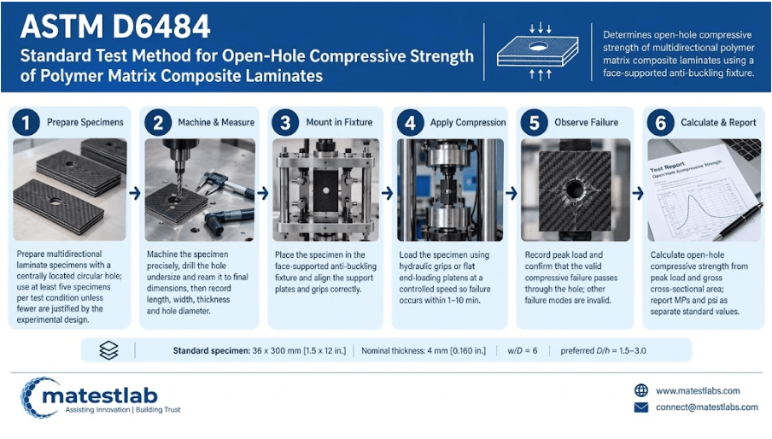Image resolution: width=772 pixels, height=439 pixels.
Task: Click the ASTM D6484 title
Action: (x=115, y=26)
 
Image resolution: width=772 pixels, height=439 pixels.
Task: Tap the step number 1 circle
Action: (x=26, y=122)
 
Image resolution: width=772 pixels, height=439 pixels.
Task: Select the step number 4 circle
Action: (x=410, y=122)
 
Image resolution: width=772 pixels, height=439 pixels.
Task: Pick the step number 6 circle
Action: (x=661, y=122)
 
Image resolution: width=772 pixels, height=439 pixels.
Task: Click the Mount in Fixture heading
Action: (x=339, y=122)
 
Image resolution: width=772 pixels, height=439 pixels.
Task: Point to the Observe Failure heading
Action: (x=586, y=122)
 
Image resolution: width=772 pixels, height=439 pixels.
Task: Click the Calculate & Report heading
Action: (x=718, y=122)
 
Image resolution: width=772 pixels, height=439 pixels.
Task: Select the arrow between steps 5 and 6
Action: (x=638, y=193)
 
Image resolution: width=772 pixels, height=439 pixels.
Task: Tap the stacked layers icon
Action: (x=108, y=350)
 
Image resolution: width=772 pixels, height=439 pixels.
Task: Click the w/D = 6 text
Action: (x=523, y=351)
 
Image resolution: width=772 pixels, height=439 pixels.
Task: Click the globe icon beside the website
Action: (x=641, y=390)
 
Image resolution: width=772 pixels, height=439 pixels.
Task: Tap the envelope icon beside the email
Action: (x=641, y=407)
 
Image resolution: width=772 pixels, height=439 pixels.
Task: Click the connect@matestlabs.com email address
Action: (x=706, y=407)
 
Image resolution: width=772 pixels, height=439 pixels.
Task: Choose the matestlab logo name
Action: (x=100, y=395)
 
